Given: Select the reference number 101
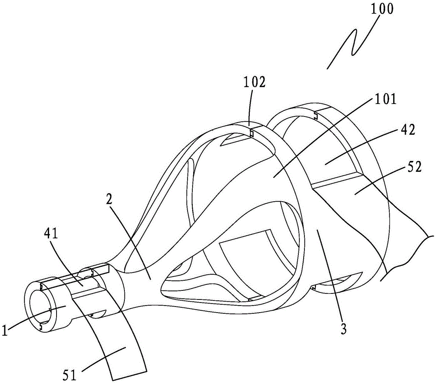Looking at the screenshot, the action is click(x=385, y=99).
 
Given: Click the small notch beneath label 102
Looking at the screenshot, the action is click(x=252, y=133).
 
